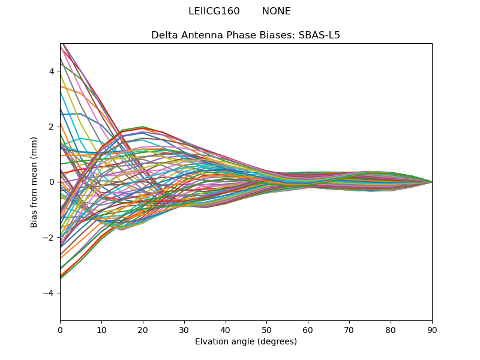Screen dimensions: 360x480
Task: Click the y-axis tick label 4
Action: point(52,71)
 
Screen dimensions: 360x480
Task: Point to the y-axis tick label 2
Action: point(52,127)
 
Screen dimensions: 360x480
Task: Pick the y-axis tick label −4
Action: point(50,293)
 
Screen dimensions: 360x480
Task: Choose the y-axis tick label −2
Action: point(50,238)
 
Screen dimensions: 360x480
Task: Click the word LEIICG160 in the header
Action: point(214,11)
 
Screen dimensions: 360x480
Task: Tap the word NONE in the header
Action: point(277,11)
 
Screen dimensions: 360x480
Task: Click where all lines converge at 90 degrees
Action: point(431,182)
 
